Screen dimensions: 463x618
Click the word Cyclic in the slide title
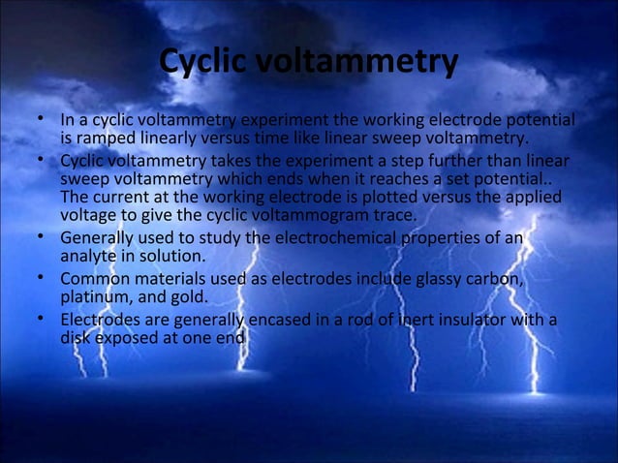coord(204,63)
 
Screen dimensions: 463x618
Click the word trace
coord(393,215)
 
